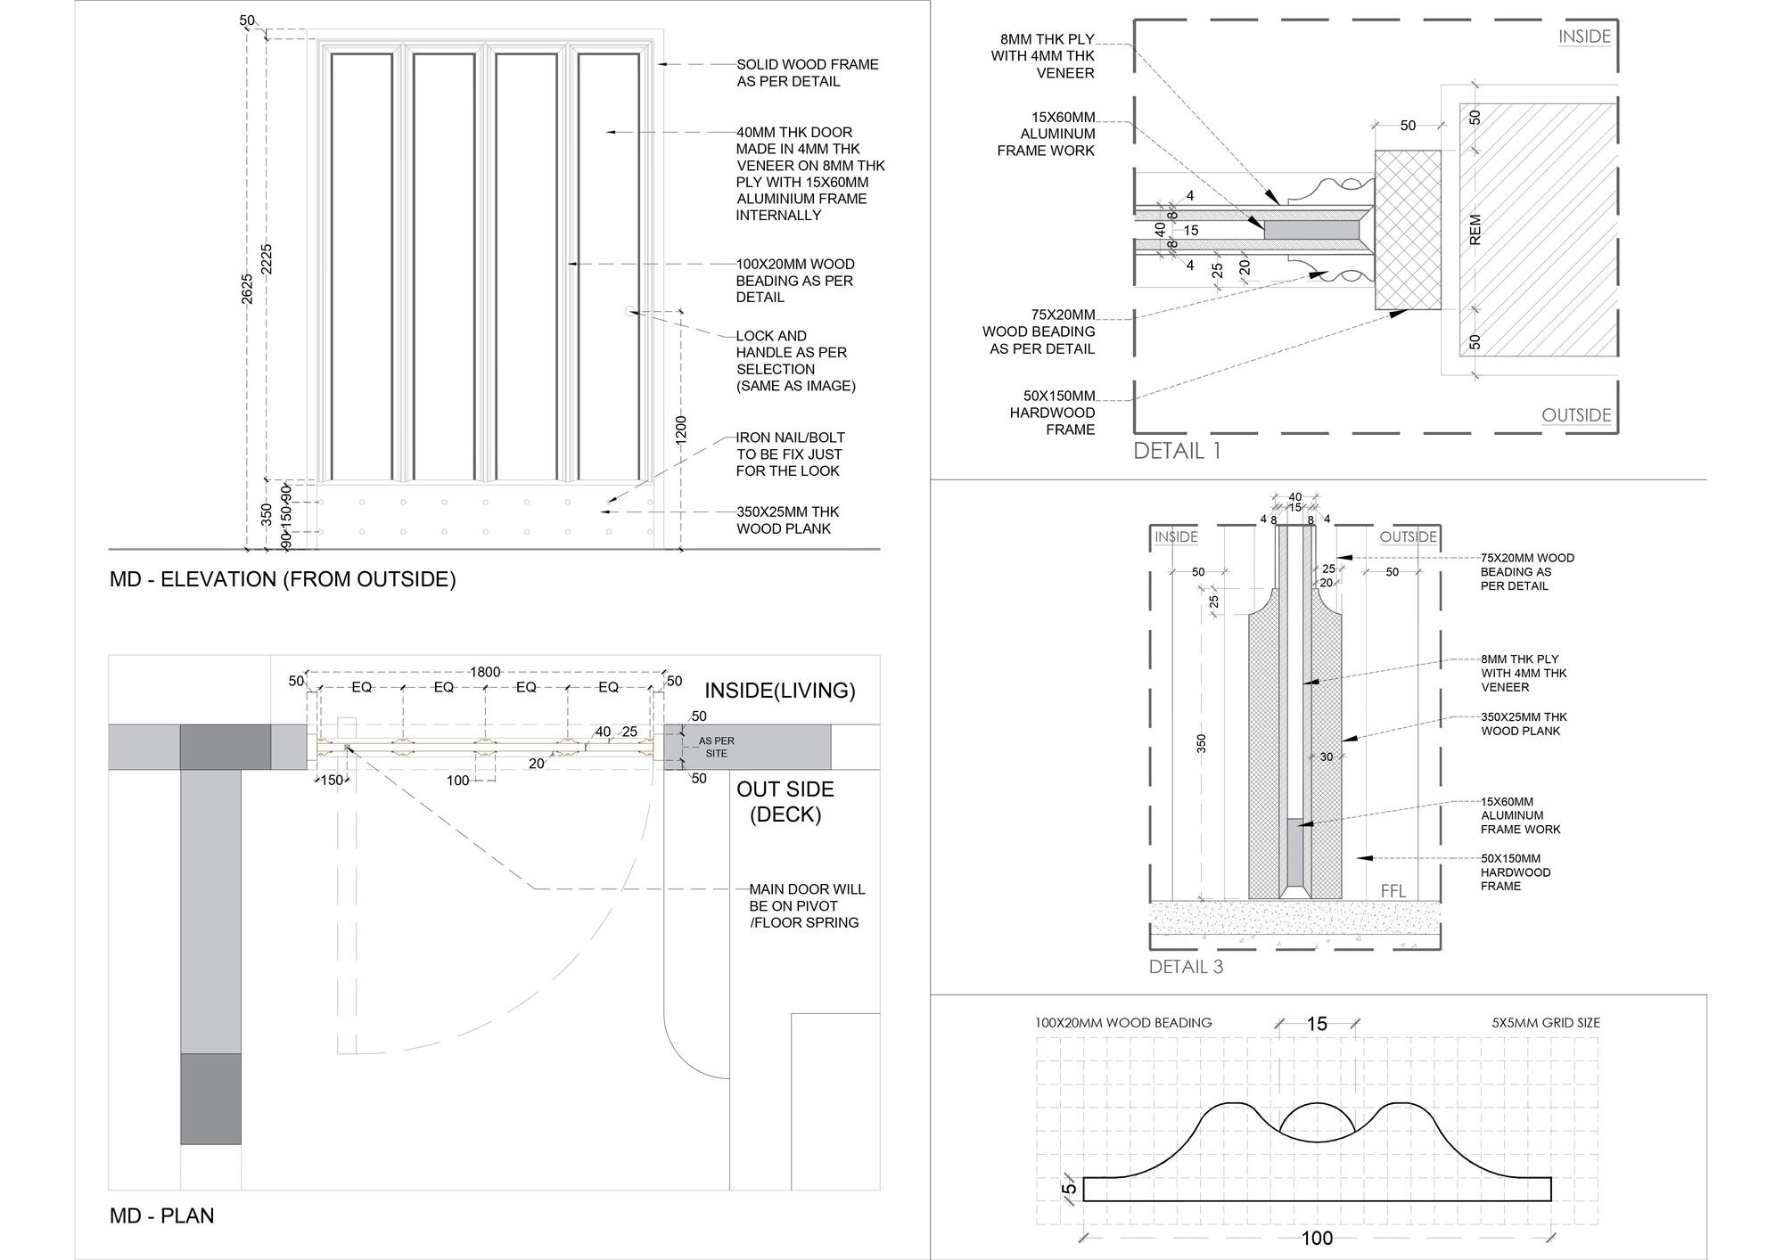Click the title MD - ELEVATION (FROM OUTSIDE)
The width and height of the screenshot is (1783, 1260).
pyautogui.click(x=282, y=579)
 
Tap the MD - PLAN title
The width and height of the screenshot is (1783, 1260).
pyautogui.click(x=161, y=1215)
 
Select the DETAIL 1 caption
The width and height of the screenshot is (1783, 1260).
pyautogui.click(x=1176, y=451)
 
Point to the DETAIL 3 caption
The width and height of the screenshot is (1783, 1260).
pyautogui.click(x=1186, y=967)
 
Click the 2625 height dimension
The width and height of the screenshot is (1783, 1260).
pyautogui.click(x=248, y=288)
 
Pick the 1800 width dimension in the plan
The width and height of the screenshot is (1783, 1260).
pyautogui.click(x=485, y=672)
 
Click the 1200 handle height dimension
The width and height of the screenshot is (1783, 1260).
pyautogui.click(x=681, y=430)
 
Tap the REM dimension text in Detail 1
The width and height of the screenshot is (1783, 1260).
pyautogui.click(x=1475, y=229)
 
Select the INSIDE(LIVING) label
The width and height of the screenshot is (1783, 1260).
pyautogui.click(x=779, y=691)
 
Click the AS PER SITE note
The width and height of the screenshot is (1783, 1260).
pyautogui.click(x=716, y=747)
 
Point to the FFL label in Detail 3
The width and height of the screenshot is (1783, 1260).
pyautogui.click(x=1393, y=891)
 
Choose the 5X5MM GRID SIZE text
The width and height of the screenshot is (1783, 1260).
pyautogui.click(x=1545, y=1023)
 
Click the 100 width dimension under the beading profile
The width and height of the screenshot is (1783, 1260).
pyautogui.click(x=1317, y=1238)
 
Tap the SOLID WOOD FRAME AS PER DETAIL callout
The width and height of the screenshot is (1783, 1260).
pyautogui.click(x=807, y=73)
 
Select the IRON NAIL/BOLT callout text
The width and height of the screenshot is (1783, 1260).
pyautogui.click(x=790, y=454)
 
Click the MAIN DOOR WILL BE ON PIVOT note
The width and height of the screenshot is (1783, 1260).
pyautogui.click(x=806, y=905)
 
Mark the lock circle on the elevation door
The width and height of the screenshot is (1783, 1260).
pyautogui.click(x=630, y=311)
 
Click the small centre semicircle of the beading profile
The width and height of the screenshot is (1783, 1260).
pyautogui.click(x=1317, y=1124)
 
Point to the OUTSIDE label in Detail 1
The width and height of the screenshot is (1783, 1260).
pyautogui.click(x=1576, y=415)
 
